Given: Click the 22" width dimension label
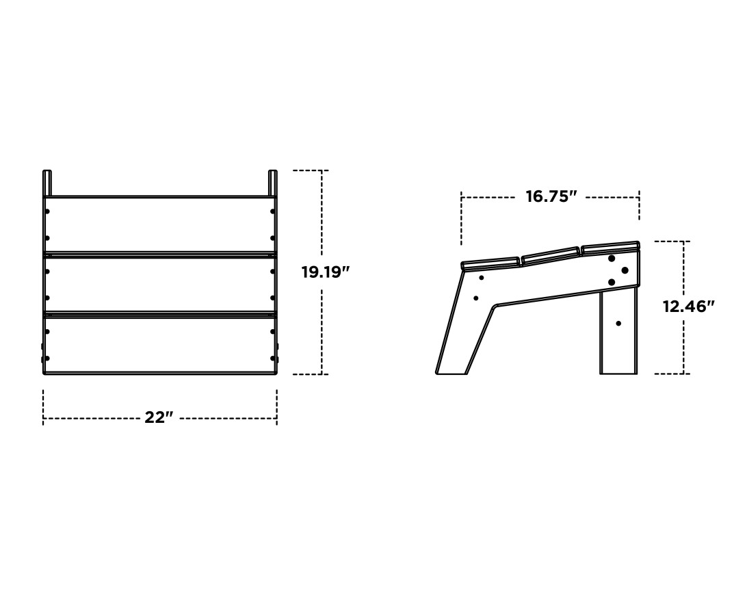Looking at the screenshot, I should pos(159,417).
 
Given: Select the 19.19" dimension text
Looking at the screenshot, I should pos(326,272).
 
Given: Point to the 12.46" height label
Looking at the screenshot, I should pos(687,307).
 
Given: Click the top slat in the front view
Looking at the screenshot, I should pos(160,224).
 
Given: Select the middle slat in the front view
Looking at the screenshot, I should pos(160,284).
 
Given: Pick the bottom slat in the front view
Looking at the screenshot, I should pos(160,344).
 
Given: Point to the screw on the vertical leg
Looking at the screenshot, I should pos(618,323).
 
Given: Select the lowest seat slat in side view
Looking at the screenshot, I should pos(490,263).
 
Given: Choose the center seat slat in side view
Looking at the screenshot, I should pos(551,254).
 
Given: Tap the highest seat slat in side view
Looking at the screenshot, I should pos(610,246).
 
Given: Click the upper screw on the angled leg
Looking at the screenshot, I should pos(482,278).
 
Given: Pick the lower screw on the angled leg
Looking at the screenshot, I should pos(476,298).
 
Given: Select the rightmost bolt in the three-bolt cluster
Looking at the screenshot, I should pos(625,270).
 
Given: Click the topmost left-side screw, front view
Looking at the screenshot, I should pos(47,211).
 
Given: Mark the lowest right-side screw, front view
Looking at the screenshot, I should pos(272,358).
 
